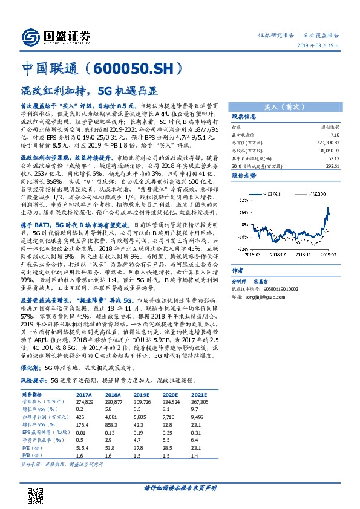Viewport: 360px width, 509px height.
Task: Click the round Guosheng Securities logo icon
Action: (x=30, y=35)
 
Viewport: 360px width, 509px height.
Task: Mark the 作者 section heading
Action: (x=238, y=288)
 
